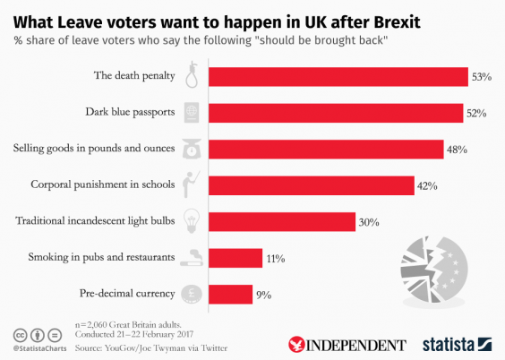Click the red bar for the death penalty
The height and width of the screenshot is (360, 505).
click(338, 76)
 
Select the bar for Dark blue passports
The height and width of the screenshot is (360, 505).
click(336, 113)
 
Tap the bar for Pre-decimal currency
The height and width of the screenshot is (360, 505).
click(230, 293)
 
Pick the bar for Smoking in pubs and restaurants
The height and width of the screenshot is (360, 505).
click(235, 258)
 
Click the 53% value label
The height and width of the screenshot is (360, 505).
click(482, 77)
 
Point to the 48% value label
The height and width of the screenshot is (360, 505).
click(458, 150)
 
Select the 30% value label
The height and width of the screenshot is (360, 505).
click(372, 221)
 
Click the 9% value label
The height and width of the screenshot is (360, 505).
click(264, 294)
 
